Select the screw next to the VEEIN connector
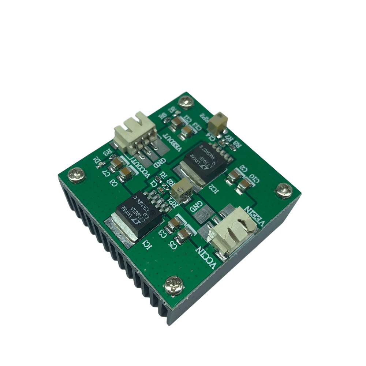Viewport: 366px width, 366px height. pyautogui.click(x=284, y=189)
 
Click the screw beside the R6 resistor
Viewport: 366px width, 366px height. pyautogui.click(x=186, y=101)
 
